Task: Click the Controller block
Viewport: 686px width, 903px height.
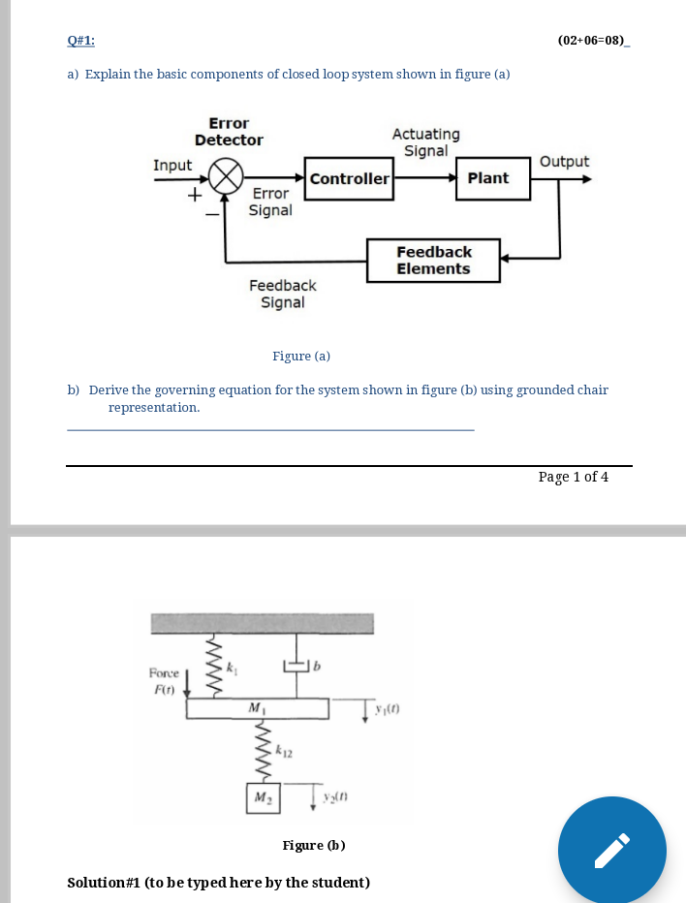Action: (x=349, y=179)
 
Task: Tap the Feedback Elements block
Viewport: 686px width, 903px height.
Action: (x=433, y=261)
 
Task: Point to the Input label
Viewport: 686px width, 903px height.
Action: (x=172, y=166)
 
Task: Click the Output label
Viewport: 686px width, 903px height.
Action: (x=564, y=162)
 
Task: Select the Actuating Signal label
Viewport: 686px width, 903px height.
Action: (x=426, y=142)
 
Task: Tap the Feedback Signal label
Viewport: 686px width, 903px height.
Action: (x=282, y=294)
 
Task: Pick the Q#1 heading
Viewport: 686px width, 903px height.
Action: (x=81, y=41)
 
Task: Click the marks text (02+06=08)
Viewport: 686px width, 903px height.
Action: (x=592, y=41)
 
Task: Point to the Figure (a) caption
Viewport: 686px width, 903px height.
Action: (x=301, y=356)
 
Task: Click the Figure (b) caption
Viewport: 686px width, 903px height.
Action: (x=314, y=845)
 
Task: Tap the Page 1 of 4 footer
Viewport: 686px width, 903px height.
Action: (x=574, y=477)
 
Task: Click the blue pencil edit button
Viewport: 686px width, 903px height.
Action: (x=611, y=850)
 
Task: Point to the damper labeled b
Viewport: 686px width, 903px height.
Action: (x=297, y=666)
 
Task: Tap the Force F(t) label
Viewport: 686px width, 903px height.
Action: (x=163, y=680)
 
